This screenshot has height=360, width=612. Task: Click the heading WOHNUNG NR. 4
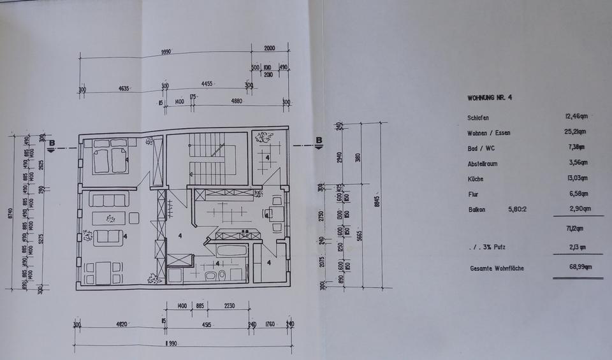point(490,98)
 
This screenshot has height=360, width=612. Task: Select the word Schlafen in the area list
point(477,118)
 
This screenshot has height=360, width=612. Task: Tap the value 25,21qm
point(576,133)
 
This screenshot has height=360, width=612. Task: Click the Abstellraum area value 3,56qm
point(577,163)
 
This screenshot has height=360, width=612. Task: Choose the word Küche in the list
point(476,179)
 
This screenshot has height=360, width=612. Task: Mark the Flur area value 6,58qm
point(577,194)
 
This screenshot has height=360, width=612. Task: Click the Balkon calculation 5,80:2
point(518,209)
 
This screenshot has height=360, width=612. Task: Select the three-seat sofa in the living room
point(109,200)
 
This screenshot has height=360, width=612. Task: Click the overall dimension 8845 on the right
point(379,201)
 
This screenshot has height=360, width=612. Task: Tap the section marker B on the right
point(319,141)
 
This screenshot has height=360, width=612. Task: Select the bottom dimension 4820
point(120,324)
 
